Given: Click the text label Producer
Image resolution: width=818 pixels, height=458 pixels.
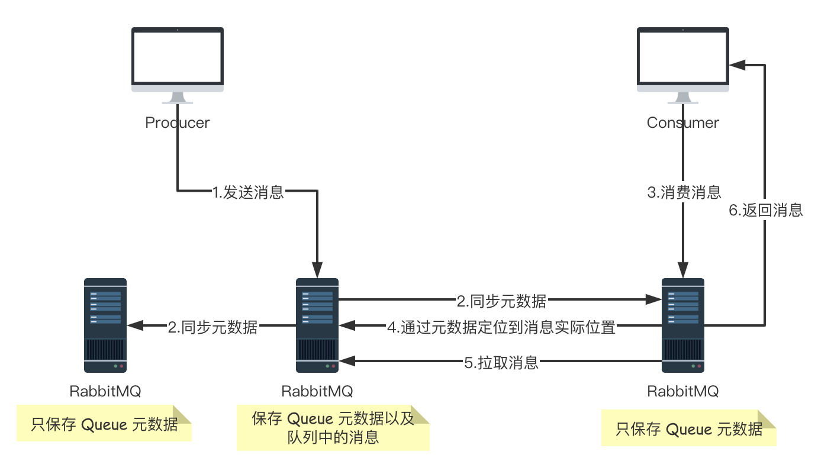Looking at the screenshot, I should [177, 122].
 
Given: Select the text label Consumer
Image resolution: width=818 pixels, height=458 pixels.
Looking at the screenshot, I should [682, 122].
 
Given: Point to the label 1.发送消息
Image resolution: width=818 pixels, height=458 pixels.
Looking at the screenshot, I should [248, 192].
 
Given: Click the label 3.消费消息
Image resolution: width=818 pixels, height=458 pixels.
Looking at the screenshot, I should [684, 192].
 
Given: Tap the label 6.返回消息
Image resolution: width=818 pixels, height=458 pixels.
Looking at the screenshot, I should [765, 210].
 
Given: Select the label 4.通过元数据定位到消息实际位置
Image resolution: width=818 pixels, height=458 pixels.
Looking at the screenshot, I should [501, 327].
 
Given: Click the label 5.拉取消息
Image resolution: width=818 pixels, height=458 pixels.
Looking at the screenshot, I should [501, 362].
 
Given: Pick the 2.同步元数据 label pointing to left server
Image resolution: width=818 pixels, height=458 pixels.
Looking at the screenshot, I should [212, 327].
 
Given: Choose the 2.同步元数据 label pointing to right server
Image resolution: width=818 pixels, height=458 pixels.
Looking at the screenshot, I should [501, 301].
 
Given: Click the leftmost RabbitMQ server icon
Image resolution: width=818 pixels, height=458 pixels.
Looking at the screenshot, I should [105, 325].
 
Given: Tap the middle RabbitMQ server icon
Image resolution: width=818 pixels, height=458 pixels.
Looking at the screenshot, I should [317, 325].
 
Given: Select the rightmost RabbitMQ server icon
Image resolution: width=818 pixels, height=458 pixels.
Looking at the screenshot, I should [682, 325].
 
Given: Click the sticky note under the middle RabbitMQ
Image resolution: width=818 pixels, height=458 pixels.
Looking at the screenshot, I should [333, 428].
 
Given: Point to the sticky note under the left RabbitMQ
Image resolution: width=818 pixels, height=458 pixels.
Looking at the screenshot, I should [104, 424].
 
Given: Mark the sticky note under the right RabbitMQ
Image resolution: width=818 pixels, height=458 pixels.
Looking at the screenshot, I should [688, 428].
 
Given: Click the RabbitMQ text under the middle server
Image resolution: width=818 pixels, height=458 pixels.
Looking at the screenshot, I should [317, 391].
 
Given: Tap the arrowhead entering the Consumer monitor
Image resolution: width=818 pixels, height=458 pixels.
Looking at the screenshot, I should [736, 64].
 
